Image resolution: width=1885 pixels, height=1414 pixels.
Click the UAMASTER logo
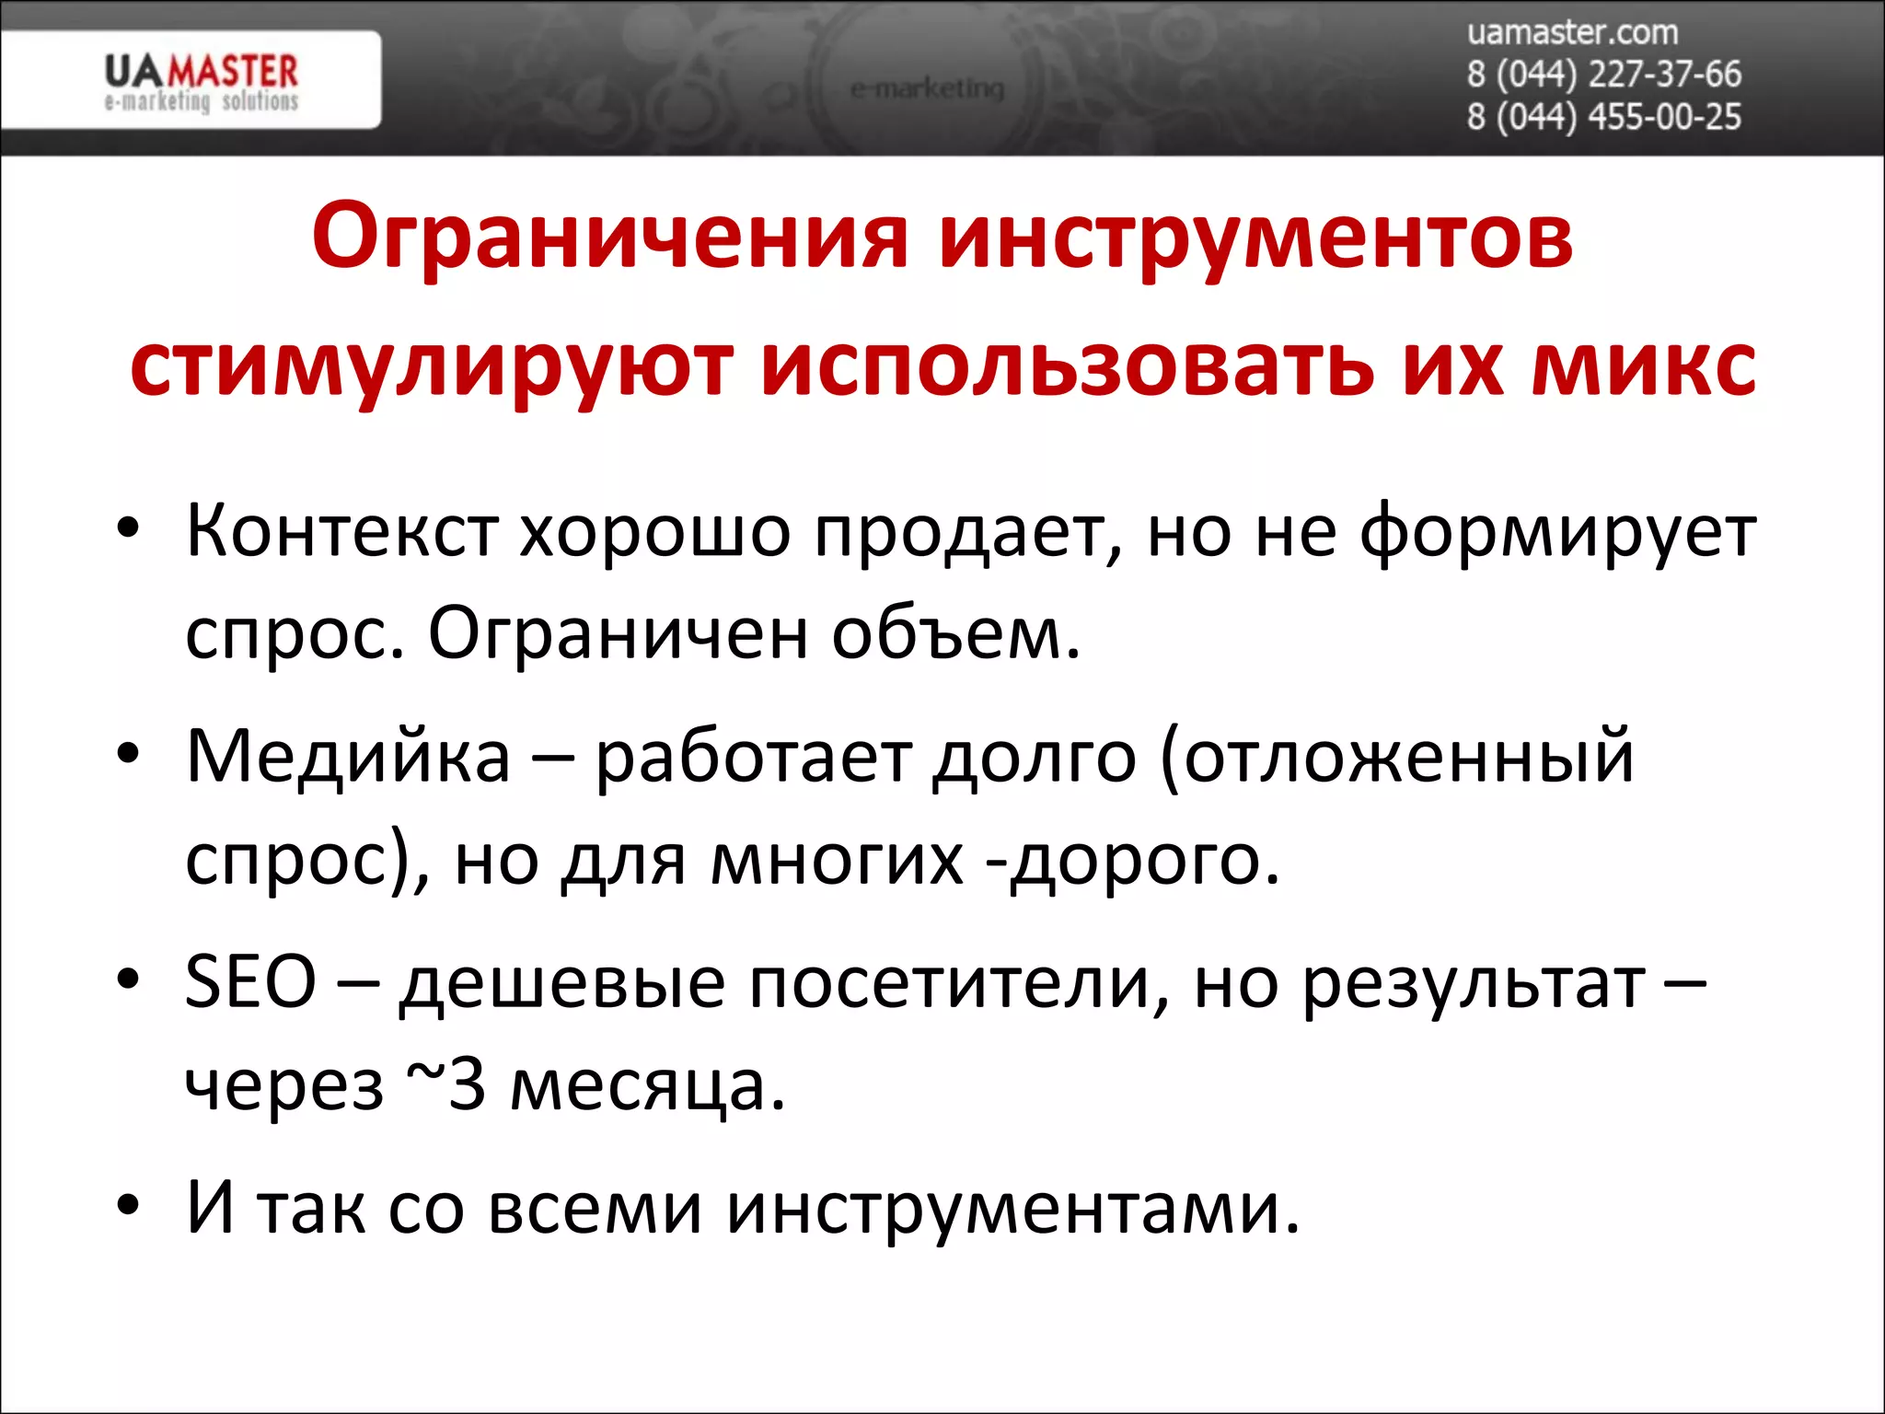pyautogui.click(x=202, y=81)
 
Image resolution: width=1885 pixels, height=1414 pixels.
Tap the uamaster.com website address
pyautogui.click(x=1572, y=33)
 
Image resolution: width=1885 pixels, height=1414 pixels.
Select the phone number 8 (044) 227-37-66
pyautogui.click(x=1603, y=75)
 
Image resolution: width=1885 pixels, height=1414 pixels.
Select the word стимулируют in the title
pyautogui.click(x=432, y=366)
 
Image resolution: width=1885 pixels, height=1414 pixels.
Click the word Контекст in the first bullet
pyautogui.click(x=341, y=532)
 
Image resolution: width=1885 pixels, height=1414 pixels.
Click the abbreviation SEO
pyautogui.click(x=250, y=981)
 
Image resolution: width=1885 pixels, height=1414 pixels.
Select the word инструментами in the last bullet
pyautogui.click(x=1012, y=1208)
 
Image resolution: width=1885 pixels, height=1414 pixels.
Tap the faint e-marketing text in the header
pyautogui.click(x=927, y=89)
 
